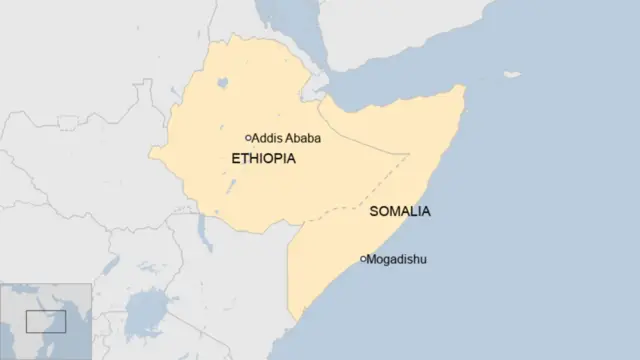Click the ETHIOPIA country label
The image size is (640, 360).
coord(263,159)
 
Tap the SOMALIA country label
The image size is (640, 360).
coord(400,212)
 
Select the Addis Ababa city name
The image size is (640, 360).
coord(287,138)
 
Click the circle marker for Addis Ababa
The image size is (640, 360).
coord(248,138)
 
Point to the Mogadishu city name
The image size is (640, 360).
coord(397,260)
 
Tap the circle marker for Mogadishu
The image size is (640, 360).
coord(362,260)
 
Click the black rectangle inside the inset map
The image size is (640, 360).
coord(45,321)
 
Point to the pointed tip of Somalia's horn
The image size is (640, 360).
coord(462,86)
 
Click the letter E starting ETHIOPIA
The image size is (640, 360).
coord(235,159)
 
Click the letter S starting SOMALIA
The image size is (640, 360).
coord(374,212)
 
